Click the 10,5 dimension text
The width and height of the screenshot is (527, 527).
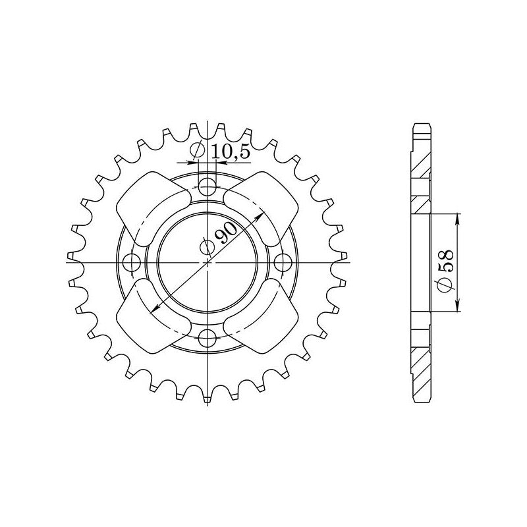pos(231,152)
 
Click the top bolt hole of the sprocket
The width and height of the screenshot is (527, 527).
pos(207,187)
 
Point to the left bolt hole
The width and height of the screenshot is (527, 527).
pos(132,262)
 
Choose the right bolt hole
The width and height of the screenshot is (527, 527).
pos(283,262)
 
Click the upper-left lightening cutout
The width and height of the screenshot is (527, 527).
pos(153,208)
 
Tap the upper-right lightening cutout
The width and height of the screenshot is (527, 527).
pos(261,208)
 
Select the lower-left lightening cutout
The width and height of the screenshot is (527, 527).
pos(153,316)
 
